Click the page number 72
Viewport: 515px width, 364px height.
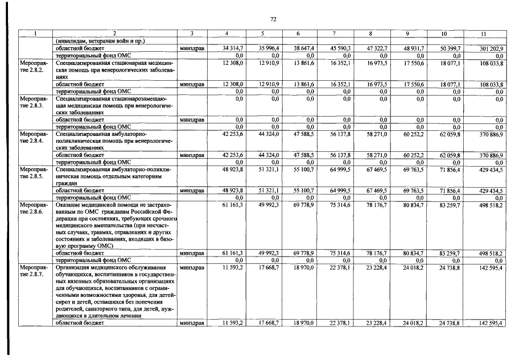[x=273, y=19]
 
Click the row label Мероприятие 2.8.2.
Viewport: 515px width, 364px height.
[x=35, y=65]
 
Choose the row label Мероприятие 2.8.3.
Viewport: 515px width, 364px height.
[x=35, y=102]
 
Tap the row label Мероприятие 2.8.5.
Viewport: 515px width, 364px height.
[x=35, y=173]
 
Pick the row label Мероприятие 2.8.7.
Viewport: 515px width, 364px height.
[x=35, y=270]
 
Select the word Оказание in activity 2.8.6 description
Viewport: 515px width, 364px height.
[x=69, y=204]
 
